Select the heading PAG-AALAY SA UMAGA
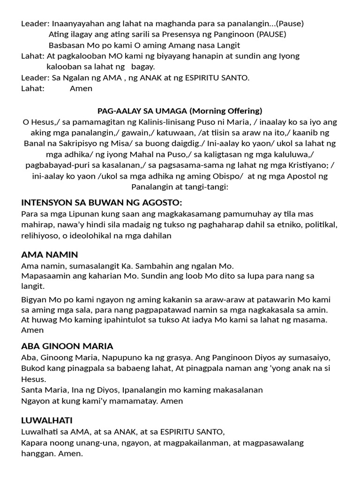click(x=142, y=111)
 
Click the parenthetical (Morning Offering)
click(x=225, y=111)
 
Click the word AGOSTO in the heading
click(x=159, y=202)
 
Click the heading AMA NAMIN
click(x=49, y=255)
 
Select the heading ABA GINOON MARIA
click(x=67, y=346)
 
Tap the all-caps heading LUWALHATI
click(x=46, y=420)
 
